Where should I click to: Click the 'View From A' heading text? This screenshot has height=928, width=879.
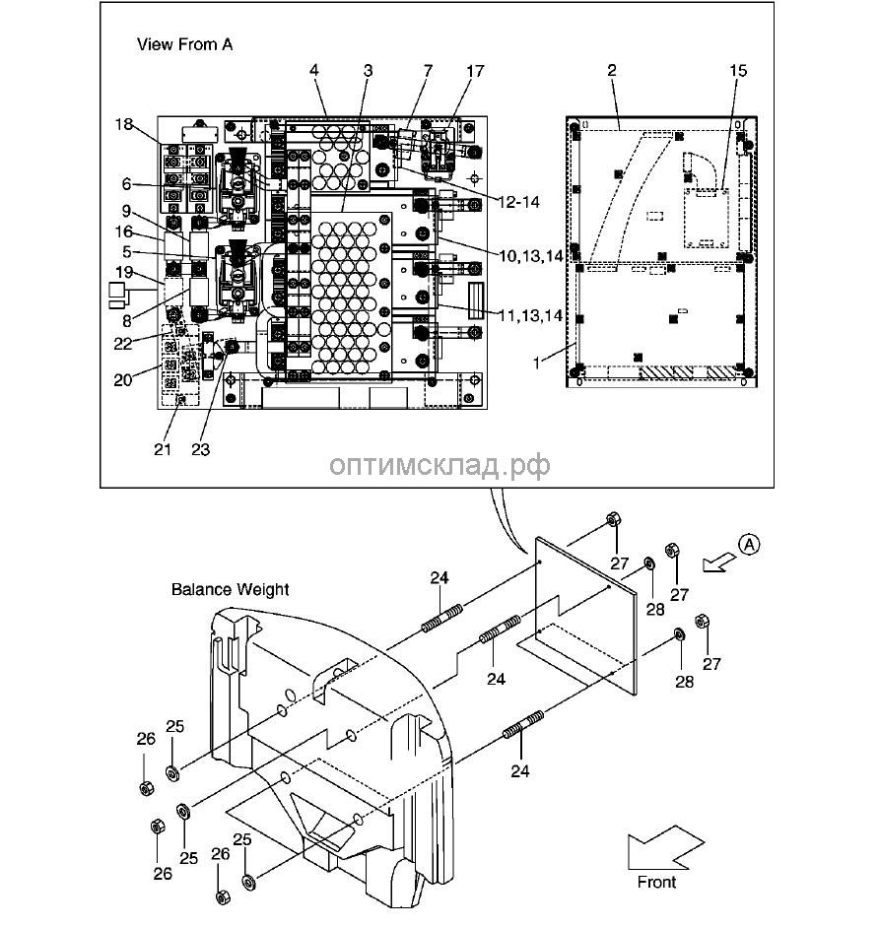[184, 44]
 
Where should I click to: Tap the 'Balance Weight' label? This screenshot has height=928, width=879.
[230, 589]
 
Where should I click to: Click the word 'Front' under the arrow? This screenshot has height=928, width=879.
[656, 882]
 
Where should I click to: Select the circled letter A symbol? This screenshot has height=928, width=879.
[751, 543]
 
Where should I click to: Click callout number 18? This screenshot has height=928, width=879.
[123, 124]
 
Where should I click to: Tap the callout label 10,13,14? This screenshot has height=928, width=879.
[530, 255]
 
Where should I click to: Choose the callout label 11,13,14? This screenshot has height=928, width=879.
[530, 315]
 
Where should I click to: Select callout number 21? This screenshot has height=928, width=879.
[163, 450]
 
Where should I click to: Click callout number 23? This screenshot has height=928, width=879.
[201, 450]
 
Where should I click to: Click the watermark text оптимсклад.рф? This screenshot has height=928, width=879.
[439, 464]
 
